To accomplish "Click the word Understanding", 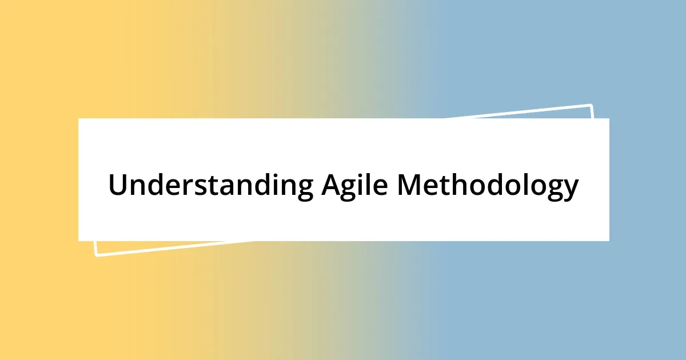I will tap(210, 185).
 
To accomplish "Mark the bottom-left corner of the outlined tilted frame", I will tap(96, 255).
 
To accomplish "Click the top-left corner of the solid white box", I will tap(79, 119).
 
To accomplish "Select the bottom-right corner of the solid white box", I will tap(608, 240).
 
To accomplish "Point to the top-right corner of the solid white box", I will tap(608, 119).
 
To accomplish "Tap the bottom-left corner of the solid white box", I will tap(79, 240).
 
